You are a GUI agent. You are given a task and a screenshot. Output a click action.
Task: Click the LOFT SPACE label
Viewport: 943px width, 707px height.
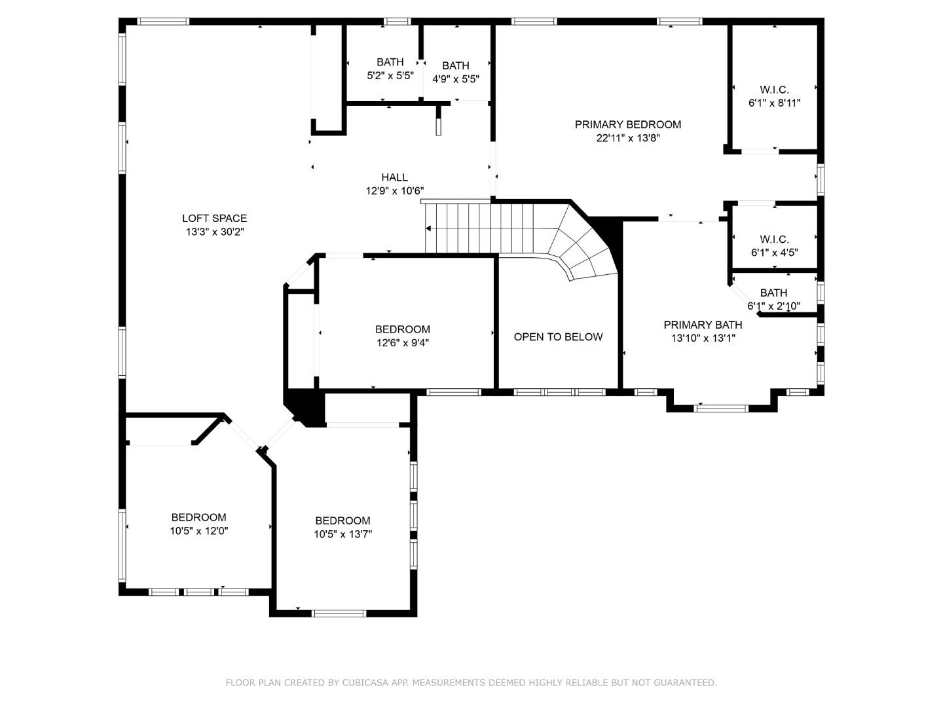coord(214,218)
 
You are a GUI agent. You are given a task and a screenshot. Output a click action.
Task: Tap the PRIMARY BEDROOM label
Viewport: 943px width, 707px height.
coord(627,124)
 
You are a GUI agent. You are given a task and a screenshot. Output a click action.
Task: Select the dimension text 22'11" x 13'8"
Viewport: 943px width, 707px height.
coord(627,138)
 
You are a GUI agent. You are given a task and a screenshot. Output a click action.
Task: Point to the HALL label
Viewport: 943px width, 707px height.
coord(394,177)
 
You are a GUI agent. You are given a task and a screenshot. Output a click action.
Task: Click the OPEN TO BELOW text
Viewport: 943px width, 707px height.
coord(558,337)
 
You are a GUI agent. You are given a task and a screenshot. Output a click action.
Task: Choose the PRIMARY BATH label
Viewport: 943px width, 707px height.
coord(703,325)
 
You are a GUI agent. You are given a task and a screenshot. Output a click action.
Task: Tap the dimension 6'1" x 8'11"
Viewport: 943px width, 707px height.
coord(774,103)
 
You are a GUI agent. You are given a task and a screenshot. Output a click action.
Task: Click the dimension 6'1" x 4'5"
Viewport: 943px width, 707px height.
coord(774,253)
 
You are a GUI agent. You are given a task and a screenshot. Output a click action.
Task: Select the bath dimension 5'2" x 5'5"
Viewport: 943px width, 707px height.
coord(390,75)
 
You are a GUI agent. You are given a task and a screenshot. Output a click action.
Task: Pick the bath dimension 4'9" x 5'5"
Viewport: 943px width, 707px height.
coord(455,79)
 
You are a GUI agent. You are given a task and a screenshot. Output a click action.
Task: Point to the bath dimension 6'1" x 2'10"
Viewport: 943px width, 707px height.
coord(773,306)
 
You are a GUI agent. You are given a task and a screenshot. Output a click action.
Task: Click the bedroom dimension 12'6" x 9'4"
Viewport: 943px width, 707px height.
coord(403,342)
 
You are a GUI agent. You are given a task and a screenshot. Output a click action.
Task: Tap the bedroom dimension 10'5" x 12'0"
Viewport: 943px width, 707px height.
coord(198,531)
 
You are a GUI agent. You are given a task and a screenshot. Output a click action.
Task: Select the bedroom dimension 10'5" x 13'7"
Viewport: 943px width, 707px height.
coord(342,534)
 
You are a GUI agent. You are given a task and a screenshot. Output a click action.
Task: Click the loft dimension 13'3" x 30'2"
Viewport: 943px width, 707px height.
coord(214,232)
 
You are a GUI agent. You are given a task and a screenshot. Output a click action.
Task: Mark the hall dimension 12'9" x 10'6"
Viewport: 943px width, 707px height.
coord(394,190)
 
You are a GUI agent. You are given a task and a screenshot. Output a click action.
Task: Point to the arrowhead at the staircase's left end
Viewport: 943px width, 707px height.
coord(428,228)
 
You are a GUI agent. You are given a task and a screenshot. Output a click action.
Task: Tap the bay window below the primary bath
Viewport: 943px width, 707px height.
coord(721,408)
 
